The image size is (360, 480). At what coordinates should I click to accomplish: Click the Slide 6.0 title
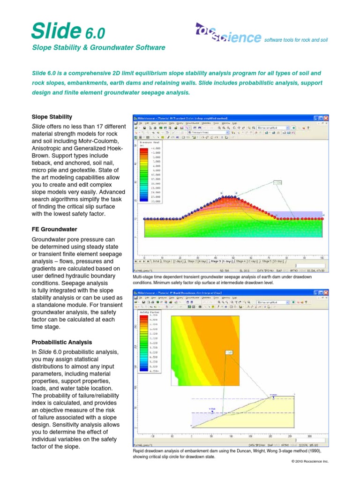(67, 30)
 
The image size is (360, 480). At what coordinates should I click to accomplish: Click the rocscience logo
(228, 34)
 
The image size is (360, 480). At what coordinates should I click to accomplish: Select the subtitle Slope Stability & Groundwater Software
(98, 48)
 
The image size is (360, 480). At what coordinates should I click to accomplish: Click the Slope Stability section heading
(52, 117)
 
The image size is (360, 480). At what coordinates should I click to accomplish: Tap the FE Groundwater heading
(54, 229)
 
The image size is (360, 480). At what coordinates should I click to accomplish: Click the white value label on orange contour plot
(229, 352)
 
